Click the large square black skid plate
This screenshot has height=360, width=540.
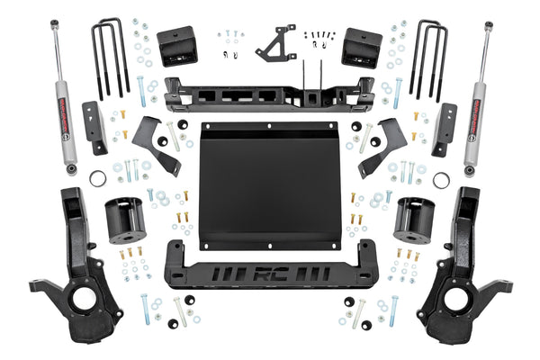(x=269, y=184)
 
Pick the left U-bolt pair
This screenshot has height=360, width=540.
(x=110, y=58)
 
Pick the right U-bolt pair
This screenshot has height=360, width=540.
(x=429, y=58)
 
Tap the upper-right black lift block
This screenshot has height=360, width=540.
(x=362, y=49)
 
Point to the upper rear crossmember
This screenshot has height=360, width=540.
(x=270, y=94)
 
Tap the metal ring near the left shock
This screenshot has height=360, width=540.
(x=98, y=179)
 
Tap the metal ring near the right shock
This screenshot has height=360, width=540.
(x=442, y=179)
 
